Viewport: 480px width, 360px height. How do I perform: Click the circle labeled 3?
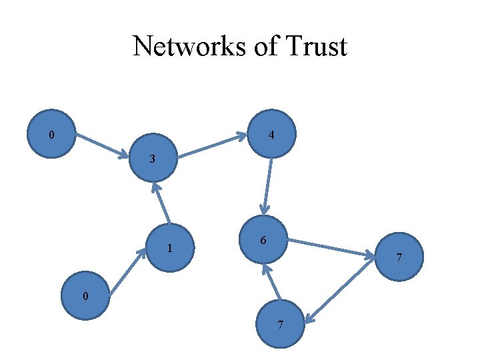point(154,159)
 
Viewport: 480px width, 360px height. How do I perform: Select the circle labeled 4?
point(271,134)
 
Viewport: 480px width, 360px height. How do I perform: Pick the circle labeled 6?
point(264,239)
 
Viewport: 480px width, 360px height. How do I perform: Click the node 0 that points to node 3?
point(51,134)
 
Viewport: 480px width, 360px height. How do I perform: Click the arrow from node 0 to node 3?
point(101,147)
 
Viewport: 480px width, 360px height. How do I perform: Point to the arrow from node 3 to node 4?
point(213,147)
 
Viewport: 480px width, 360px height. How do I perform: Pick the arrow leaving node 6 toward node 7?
point(331,247)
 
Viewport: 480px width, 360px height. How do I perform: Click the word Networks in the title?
point(178,47)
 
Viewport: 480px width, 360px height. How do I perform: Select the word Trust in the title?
point(318,47)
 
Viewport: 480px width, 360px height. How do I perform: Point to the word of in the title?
point(258,47)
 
